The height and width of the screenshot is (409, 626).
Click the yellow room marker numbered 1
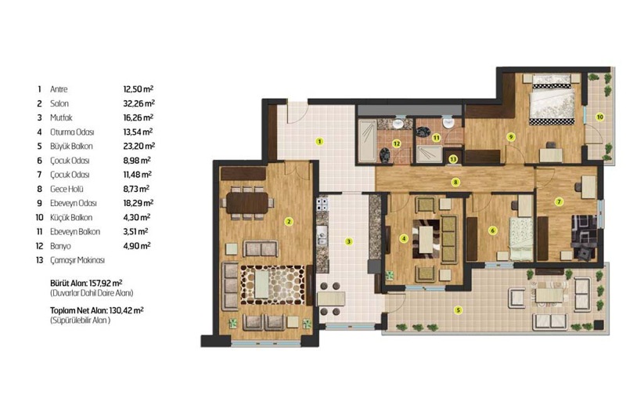[319, 141]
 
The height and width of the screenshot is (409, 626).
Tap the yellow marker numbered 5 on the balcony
[459, 309]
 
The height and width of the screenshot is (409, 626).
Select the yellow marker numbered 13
[453, 159]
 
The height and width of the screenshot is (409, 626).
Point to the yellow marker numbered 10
[599, 118]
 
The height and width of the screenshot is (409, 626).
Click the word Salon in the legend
[59, 103]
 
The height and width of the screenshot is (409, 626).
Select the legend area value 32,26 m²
[139, 103]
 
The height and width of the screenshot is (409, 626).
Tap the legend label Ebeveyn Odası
[74, 203]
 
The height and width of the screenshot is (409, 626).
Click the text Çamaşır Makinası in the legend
[77, 260]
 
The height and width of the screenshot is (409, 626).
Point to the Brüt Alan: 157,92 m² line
[86, 283]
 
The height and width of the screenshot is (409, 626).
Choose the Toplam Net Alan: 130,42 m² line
[97, 309]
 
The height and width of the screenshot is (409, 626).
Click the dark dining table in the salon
[247, 203]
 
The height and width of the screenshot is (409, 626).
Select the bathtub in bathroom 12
[366, 139]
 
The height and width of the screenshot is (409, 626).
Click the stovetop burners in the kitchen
[322, 204]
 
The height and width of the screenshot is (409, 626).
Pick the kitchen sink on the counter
[322, 236]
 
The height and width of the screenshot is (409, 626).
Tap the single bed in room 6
[520, 239]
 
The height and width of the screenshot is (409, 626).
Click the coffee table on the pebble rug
[261, 284]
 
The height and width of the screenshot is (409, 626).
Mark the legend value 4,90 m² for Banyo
[137, 245]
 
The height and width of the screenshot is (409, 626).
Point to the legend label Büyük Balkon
[71, 147]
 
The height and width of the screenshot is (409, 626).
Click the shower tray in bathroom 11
[429, 154]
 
